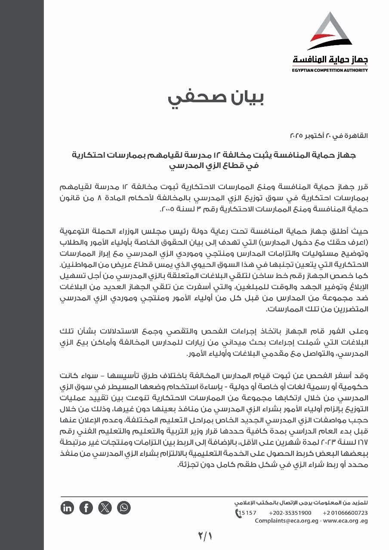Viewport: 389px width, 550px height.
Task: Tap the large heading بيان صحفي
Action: (216, 98)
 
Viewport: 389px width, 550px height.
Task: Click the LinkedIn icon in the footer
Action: (68, 508)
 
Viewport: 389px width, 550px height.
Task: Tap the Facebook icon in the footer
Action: (86, 508)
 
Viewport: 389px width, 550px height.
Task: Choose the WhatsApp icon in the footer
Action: (123, 508)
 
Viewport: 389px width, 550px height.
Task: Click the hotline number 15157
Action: (248, 513)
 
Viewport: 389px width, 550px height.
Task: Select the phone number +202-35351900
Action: (290, 513)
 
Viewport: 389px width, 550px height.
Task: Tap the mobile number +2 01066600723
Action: (345, 513)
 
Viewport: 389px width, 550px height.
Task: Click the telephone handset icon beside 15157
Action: (237, 513)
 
